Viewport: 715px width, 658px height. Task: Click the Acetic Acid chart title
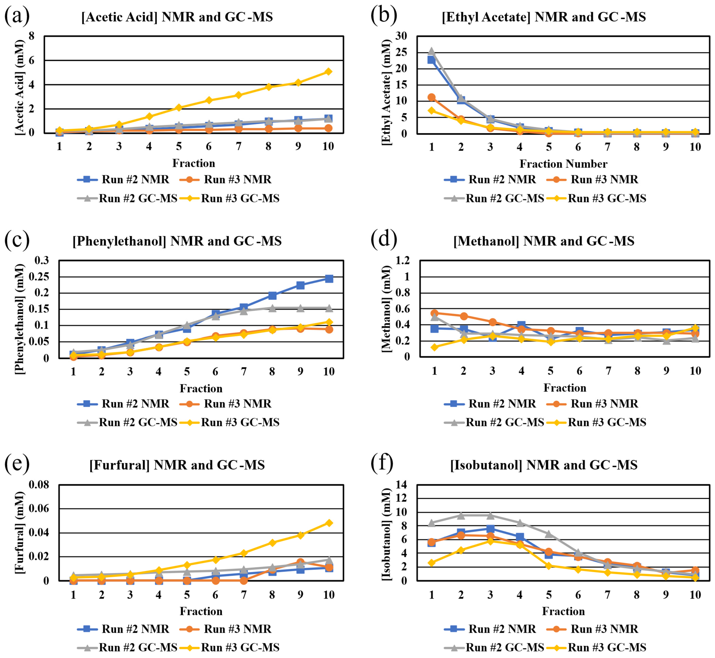177,17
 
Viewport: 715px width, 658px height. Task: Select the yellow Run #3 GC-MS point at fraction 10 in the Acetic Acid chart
328,72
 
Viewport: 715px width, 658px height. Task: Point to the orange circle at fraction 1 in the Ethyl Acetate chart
432,97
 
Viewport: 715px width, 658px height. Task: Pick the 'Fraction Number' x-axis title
563,164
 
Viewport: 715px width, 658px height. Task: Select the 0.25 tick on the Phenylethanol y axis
42,277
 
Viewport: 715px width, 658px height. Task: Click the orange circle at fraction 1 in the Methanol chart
434,313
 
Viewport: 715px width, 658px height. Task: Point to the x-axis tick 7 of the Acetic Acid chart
239,146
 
